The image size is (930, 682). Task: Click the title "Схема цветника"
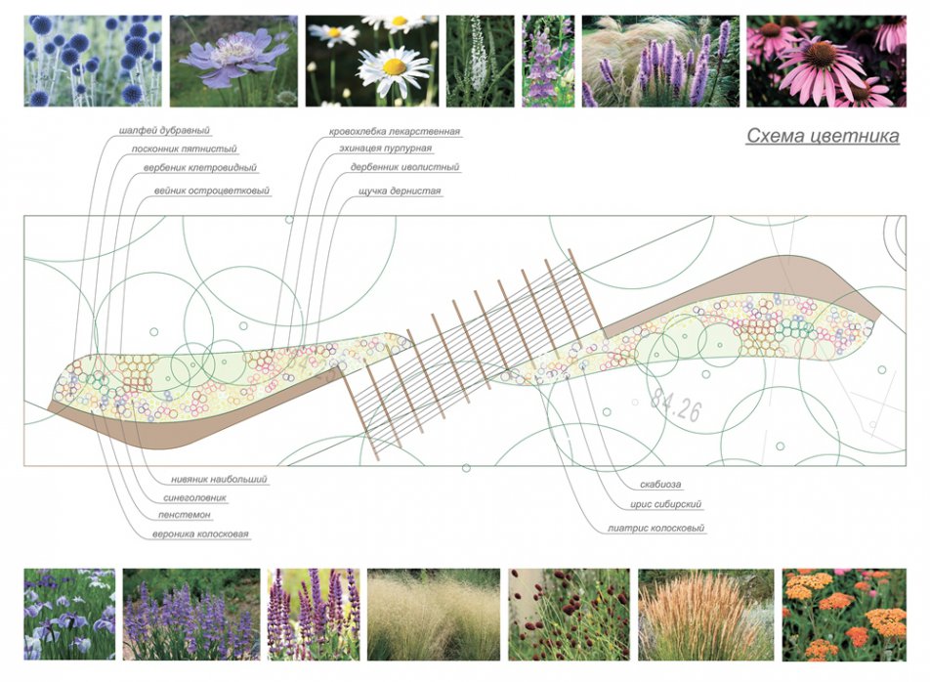pyautogui.click(x=823, y=137)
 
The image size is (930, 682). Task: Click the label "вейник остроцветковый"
pyautogui.click(x=212, y=192)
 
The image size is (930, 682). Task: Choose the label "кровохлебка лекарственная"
pyautogui.click(x=394, y=131)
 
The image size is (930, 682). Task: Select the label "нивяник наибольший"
pyautogui.click(x=219, y=480)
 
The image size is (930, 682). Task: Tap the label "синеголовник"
pyautogui.click(x=194, y=498)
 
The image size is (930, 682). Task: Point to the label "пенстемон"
pyautogui.click(x=185, y=515)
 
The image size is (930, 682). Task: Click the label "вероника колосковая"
pyautogui.click(x=200, y=534)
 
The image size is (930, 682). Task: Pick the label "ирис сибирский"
pyautogui.click(x=666, y=505)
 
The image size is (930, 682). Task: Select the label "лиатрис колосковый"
pyautogui.click(x=655, y=529)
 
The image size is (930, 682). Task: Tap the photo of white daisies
pyautogui.click(x=370, y=61)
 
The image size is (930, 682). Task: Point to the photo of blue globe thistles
pyautogui.click(x=92, y=61)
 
